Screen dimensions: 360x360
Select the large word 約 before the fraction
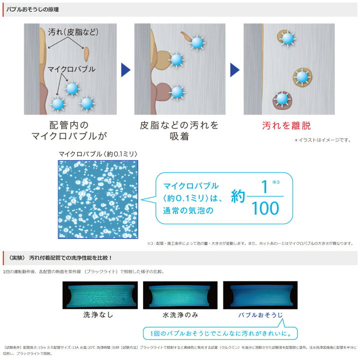point(239,197)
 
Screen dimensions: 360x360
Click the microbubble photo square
point(97,199)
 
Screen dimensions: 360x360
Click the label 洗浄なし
point(98,316)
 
